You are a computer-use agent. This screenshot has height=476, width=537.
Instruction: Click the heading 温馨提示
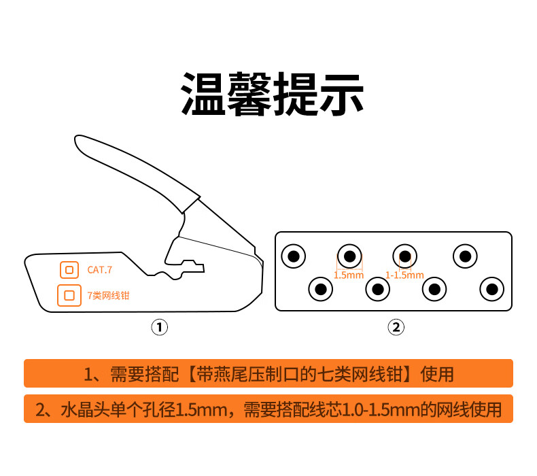[x=272, y=94]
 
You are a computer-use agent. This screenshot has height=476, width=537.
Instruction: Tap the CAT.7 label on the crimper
[x=100, y=270]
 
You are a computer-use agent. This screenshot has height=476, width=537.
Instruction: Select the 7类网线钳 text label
[x=108, y=295]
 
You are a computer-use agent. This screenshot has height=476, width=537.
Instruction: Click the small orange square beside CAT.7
[x=69, y=270]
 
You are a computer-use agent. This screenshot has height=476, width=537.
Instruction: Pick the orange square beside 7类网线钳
[x=69, y=295]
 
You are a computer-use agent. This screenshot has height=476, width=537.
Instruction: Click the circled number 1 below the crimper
[x=160, y=327]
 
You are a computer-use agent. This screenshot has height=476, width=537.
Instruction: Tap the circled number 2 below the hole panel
[x=396, y=327]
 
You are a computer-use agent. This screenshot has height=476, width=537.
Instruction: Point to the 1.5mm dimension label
[x=349, y=275]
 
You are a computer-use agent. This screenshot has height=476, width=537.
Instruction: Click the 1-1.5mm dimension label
[x=404, y=275]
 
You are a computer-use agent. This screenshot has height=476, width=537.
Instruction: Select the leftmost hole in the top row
[x=294, y=256]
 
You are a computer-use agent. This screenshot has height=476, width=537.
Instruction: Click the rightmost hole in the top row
[x=465, y=256]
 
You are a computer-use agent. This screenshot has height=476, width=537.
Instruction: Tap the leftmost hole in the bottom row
[x=321, y=289]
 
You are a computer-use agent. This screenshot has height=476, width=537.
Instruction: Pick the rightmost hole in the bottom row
[x=491, y=289]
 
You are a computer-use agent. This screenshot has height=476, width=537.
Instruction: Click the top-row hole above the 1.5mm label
[x=349, y=256]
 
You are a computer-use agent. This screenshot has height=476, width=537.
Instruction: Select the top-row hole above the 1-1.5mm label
[x=405, y=256]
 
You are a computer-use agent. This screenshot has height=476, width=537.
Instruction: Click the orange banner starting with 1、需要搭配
[x=268, y=373]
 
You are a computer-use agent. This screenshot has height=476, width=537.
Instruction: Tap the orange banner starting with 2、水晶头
[x=268, y=409]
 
